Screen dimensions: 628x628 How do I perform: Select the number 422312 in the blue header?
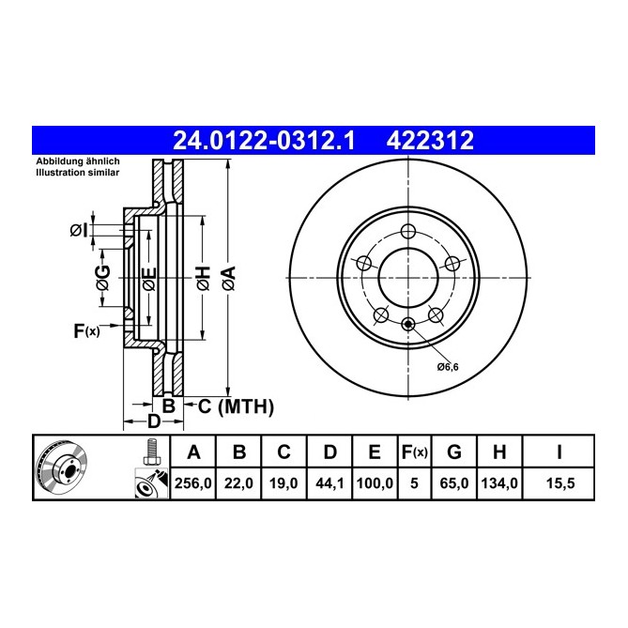(431, 141)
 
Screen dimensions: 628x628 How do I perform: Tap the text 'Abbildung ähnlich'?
(77, 162)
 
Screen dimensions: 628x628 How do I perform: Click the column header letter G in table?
(453, 452)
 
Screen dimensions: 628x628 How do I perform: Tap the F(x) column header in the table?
(414, 452)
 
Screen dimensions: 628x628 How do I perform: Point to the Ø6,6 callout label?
(447, 365)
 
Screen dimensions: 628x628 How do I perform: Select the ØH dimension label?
(202, 278)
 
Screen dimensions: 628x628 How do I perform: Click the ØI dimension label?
(79, 230)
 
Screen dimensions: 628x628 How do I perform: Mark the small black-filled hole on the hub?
(408, 325)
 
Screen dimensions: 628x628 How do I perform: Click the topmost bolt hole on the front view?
(408, 233)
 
